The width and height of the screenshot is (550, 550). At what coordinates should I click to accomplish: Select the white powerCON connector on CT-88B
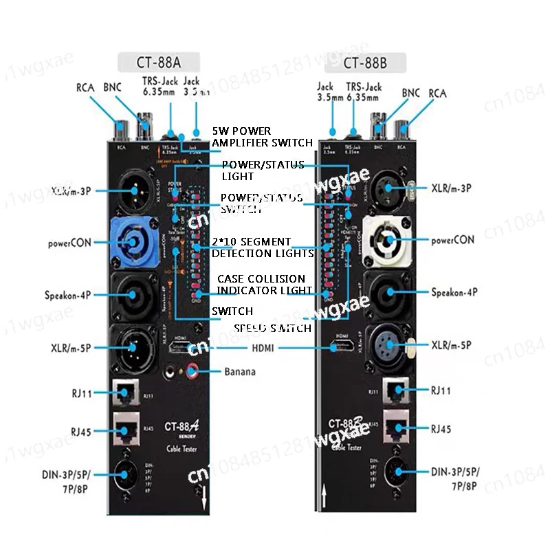tap(388, 241)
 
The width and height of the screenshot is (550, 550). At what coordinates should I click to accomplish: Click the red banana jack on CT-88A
tap(189, 373)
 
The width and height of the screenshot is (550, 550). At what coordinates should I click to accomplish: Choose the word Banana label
tap(240, 373)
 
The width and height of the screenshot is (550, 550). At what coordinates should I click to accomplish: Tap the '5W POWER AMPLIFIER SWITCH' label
tap(261, 136)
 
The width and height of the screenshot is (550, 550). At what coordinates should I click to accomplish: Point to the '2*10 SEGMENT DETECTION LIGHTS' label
tap(261, 247)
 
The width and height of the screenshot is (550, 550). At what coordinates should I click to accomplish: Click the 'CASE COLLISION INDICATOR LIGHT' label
tap(261, 285)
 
